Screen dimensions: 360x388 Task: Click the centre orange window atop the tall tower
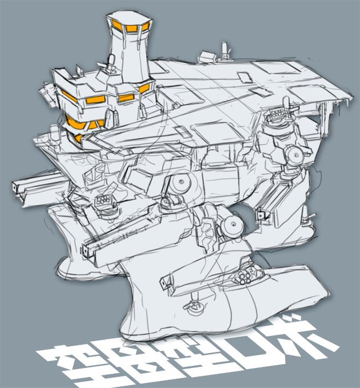pyautogui.click(x=130, y=29)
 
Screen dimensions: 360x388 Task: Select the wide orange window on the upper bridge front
pyautogui.click(x=96, y=100)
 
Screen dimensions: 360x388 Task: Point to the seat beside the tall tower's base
pyautogui.click(x=111, y=60)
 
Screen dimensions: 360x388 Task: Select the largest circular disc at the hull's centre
pyautogui.click(x=180, y=183)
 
